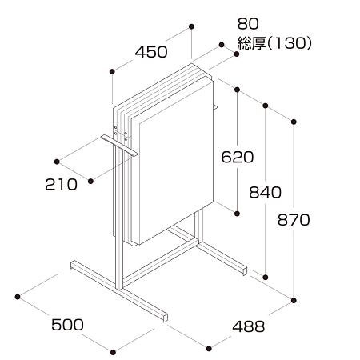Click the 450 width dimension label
coord(151,52)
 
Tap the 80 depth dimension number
coord(248,24)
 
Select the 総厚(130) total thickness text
coord(274,43)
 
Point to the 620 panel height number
coord(238,157)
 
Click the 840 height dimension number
coord(265,192)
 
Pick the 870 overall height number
coord(294,220)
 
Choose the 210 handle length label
coord(62,185)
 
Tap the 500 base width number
coord(67,325)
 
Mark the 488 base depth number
coord(249,326)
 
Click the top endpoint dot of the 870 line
coord(294,122)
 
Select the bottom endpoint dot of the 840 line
coord(266,278)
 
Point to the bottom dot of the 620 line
coord(237,214)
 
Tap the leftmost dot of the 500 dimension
coord(18,297)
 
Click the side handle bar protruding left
coord(119,146)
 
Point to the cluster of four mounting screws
coord(121,133)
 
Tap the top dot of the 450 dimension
coord(191,26)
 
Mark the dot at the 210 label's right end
coord(90,182)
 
